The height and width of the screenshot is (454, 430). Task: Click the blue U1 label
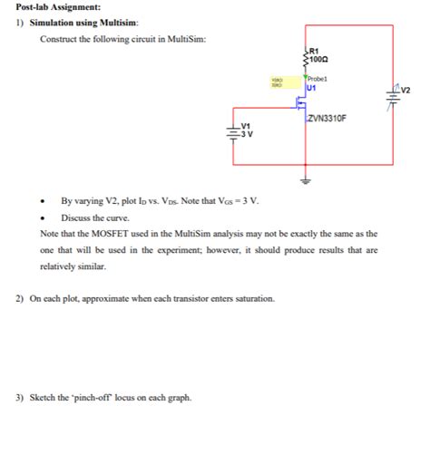(x=311, y=88)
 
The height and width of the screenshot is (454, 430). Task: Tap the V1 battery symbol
(x=233, y=132)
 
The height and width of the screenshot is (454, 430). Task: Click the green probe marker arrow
(x=306, y=77)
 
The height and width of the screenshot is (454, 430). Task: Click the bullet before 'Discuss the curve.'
(x=42, y=218)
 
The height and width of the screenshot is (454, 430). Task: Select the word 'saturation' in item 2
(x=252, y=298)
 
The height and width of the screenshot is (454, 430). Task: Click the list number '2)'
(x=19, y=298)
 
